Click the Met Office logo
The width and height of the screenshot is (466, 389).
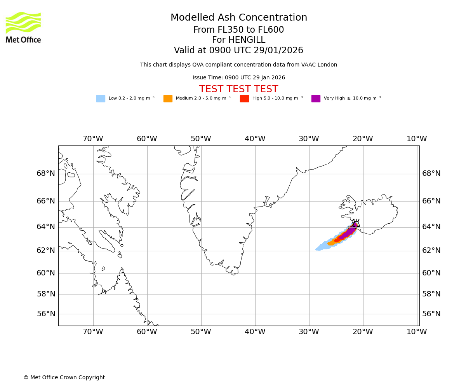point(23,27)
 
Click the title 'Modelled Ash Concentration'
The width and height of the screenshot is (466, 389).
point(238,18)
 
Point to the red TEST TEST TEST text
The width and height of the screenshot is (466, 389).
point(238,89)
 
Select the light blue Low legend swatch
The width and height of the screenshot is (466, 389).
point(101,99)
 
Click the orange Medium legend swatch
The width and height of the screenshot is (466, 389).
point(168,99)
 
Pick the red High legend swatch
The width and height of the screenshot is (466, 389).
point(244,99)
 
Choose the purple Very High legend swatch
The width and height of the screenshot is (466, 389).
point(316,99)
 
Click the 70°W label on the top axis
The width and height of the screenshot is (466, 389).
point(93,139)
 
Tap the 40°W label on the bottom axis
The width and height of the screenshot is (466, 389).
point(255,332)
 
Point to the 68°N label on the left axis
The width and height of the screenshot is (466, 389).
point(46,173)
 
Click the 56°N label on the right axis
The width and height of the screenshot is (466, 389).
point(431,314)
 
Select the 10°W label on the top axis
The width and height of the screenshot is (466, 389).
point(417,139)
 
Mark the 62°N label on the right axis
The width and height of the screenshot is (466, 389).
point(431,251)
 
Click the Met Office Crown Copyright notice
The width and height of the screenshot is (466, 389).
point(64,378)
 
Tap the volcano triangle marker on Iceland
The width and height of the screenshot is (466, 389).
point(356,224)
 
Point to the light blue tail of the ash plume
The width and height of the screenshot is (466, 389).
point(322,247)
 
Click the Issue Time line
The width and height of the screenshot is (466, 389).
point(238,78)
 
